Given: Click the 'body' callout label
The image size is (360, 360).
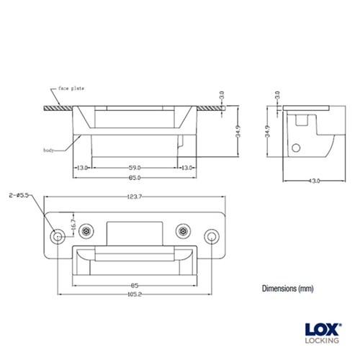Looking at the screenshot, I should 49,150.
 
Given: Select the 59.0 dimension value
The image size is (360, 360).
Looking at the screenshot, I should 134,167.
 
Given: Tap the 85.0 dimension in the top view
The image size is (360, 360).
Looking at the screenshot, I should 134,177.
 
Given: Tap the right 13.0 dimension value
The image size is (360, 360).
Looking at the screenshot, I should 186,167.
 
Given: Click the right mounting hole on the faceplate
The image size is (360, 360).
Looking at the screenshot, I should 212,236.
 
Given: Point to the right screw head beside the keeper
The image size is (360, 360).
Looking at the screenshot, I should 183,231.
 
